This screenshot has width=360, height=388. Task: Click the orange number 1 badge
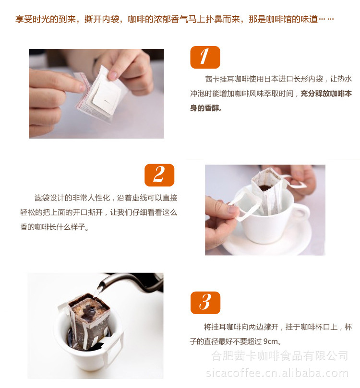point(205,57)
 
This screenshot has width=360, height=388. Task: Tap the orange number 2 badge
point(159,175)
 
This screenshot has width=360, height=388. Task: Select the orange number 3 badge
point(205,303)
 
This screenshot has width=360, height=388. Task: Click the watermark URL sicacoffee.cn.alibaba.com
point(277,373)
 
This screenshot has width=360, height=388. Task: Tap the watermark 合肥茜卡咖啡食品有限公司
point(280,356)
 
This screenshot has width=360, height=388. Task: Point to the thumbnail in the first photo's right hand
point(113,75)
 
